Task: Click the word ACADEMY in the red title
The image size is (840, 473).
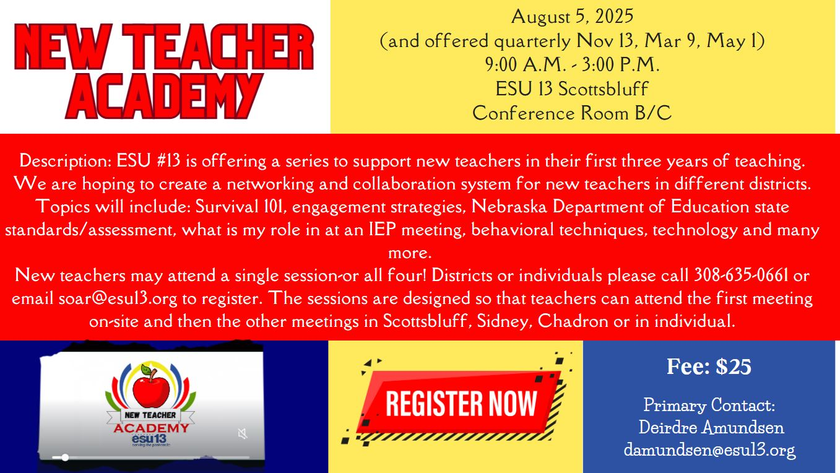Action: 164,97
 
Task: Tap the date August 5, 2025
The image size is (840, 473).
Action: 572,17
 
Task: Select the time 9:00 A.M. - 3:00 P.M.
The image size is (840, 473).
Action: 572,64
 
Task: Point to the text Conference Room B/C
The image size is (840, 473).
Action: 572,113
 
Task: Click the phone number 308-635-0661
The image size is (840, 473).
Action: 741,275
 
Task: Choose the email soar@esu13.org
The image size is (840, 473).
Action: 118,299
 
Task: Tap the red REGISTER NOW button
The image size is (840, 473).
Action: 461,403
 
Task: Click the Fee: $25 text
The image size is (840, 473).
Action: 709,367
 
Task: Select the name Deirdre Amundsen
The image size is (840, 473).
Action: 711,427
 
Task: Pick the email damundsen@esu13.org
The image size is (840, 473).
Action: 710,449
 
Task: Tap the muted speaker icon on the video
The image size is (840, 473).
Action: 243,434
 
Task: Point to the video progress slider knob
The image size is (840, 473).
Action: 65,458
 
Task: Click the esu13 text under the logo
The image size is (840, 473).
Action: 149,439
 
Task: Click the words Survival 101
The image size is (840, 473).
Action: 239,207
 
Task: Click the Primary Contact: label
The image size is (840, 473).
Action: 709,405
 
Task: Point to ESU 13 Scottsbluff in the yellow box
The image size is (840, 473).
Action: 572,89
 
